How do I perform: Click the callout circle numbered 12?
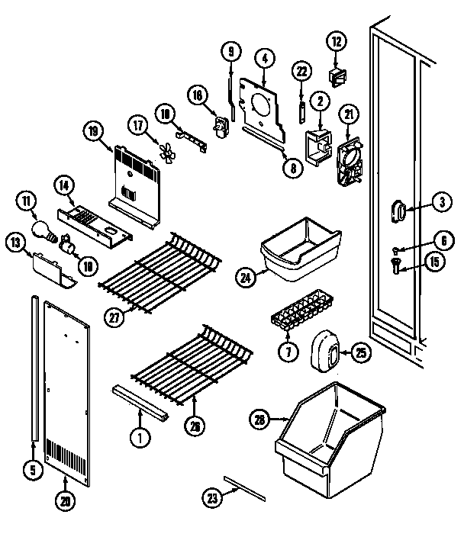point(337,41)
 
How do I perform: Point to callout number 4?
point(263,57)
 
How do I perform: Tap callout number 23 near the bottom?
point(210,497)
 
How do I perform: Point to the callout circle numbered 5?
point(31,471)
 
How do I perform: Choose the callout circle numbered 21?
point(350,114)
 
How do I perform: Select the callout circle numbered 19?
point(94,132)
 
